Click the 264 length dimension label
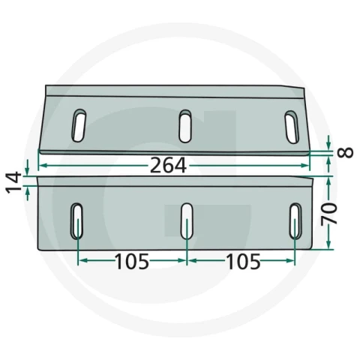(168, 166)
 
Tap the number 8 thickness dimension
(345, 152)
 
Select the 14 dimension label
(13, 182)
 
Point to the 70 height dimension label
(329, 213)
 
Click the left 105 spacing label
(132, 262)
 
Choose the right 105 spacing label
(243, 262)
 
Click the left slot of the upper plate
(79, 125)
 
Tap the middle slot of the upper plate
(185, 126)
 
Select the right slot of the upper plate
(292, 127)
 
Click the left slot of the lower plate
(76, 221)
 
